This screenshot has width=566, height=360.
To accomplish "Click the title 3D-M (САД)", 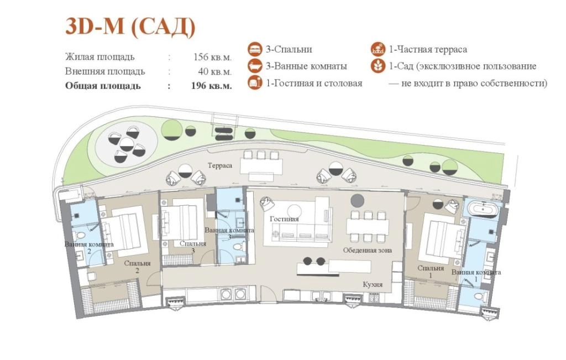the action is [x=130, y=27].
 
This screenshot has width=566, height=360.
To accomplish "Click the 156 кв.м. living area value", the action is [x=212, y=57].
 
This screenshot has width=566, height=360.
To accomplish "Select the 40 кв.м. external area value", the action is [x=215, y=71].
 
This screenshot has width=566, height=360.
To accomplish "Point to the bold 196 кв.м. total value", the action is [x=212, y=86].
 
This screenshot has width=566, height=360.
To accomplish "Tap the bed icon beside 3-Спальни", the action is [x=255, y=49].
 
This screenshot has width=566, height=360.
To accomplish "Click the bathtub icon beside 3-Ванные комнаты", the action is [x=255, y=66].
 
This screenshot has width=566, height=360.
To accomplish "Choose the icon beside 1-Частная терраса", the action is [x=378, y=49].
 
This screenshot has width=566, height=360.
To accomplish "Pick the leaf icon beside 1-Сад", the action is [x=378, y=66].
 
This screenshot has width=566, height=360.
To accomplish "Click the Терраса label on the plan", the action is [x=220, y=165].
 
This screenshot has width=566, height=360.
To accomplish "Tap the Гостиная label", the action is [x=284, y=219].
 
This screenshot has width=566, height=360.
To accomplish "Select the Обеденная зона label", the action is [x=368, y=250].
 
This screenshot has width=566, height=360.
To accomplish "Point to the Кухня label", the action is [x=373, y=285].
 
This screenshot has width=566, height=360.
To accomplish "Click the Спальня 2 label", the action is [x=137, y=267].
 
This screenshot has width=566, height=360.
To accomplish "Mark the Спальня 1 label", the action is [x=431, y=272].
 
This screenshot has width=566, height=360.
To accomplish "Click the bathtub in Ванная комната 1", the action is [x=482, y=209].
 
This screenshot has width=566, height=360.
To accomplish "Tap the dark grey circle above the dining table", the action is [x=358, y=200].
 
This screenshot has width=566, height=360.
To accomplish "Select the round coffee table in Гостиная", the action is [x=295, y=211].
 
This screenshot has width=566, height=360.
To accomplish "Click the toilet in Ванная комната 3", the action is [x=238, y=247].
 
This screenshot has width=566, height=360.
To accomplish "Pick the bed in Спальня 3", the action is [x=183, y=219].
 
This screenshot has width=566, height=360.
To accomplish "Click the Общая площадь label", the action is [x=103, y=86].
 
